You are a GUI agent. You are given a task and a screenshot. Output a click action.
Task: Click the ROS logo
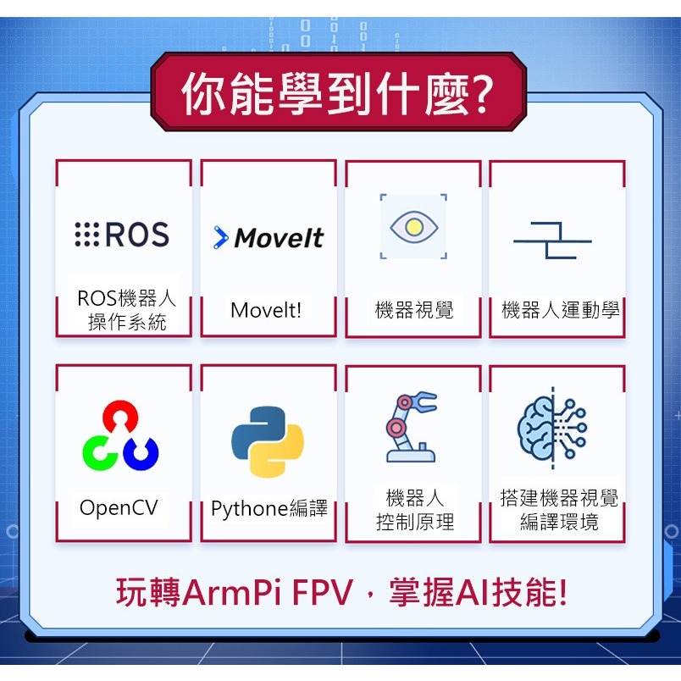point(122,235)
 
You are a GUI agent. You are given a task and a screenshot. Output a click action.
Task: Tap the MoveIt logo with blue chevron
point(269,238)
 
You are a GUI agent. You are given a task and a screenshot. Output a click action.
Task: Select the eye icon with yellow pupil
point(413,227)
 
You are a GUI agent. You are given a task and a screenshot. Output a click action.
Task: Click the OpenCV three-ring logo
point(120,436)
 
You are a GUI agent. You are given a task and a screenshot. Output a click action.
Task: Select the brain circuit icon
point(552,428)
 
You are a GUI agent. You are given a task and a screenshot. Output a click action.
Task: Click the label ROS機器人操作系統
point(126,310)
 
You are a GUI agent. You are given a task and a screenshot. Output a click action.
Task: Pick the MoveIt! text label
point(266,310)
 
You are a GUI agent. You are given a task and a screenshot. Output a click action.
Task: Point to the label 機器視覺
point(414,310)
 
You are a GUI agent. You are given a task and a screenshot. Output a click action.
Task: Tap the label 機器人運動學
point(560,310)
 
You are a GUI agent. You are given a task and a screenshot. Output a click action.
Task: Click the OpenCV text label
point(119,508)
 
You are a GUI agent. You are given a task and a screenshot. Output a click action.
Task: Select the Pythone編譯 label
point(269,509)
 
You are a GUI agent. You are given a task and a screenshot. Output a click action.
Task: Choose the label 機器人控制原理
point(415,509)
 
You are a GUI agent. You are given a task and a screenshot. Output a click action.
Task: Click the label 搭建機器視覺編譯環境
point(559,509)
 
